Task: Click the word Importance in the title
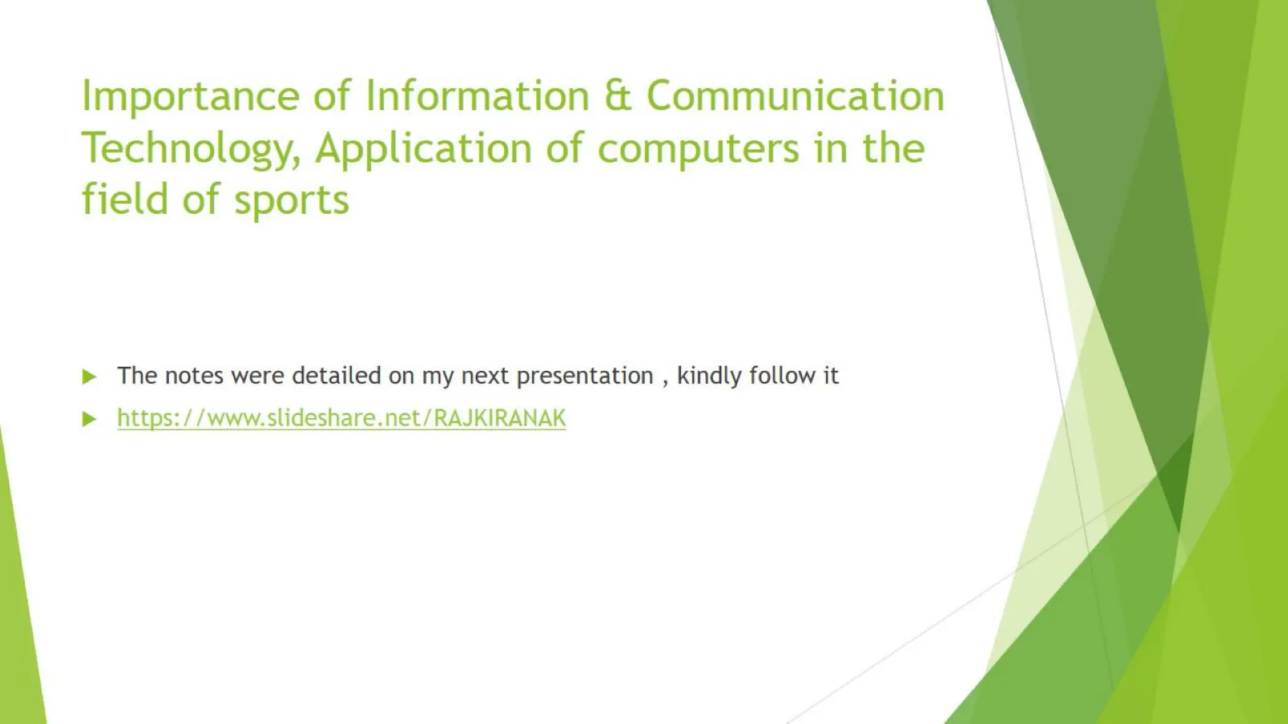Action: pyautogui.click(x=191, y=97)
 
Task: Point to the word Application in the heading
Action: pyautogui.click(x=423, y=150)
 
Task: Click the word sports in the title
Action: pyautogui.click(x=291, y=200)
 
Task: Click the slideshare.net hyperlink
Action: pyautogui.click(x=341, y=418)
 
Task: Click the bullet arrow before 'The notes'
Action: pyautogui.click(x=89, y=376)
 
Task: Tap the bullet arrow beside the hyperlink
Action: pyautogui.click(x=89, y=419)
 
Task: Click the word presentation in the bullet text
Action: pyautogui.click(x=585, y=376)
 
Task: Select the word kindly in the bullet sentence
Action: pyautogui.click(x=709, y=376)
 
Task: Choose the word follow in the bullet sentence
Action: pyautogui.click(x=782, y=375)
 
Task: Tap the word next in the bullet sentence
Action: pyautogui.click(x=484, y=376)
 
